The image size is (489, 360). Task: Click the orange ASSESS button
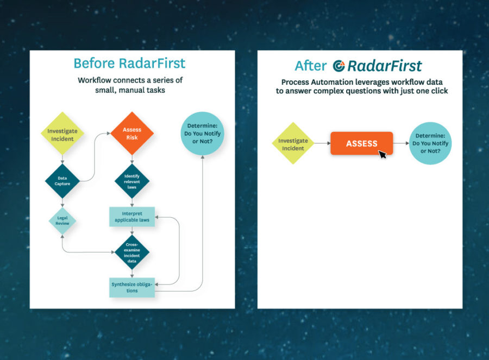(x=361, y=143)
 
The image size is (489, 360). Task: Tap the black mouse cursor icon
(x=383, y=154)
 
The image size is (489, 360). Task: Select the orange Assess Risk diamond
(x=132, y=134)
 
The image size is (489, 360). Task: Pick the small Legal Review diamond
(x=62, y=221)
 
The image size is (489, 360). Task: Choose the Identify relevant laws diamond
(x=132, y=181)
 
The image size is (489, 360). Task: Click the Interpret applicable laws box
(x=132, y=217)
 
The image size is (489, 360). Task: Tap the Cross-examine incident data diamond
(x=132, y=252)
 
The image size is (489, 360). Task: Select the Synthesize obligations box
(x=132, y=287)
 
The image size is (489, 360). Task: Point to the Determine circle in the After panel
(x=430, y=143)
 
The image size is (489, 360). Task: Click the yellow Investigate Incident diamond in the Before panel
(x=62, y=134)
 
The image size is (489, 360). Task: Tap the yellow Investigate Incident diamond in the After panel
(x=293, y=143)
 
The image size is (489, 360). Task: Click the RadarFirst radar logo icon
(x=339, y=66)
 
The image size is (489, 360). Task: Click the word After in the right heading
(x=310, y=66)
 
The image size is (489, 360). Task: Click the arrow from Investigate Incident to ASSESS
(x=322, y=143)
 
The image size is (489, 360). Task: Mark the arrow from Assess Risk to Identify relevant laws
(x=132, y=159)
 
